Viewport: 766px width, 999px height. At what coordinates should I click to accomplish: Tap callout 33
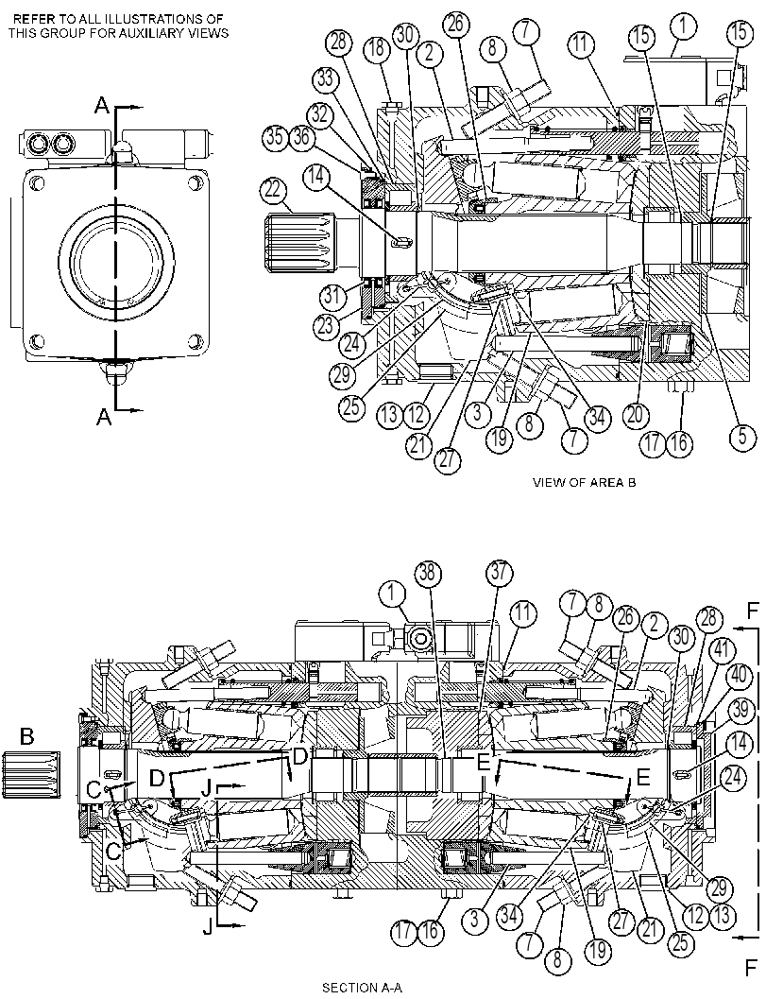click(x=325, y=80)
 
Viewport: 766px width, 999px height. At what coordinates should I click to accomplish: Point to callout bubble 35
click(x=275, y=139)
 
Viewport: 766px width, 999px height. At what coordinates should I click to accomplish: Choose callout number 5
click(x=743, y=437)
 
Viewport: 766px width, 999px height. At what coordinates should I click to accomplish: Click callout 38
click(x=427, y=574)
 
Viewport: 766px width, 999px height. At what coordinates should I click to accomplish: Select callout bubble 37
click(x=500, y=572)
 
